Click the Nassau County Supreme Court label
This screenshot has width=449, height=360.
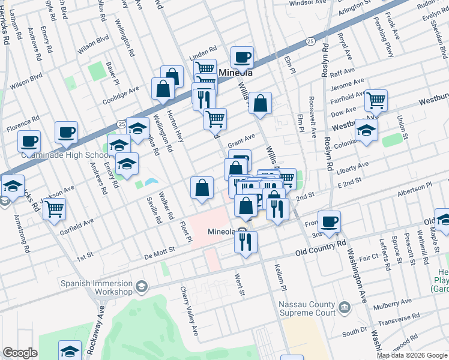[x=307, y=308]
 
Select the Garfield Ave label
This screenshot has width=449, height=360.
[x=77, y=226]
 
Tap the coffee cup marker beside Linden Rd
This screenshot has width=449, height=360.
[x=242, y=58]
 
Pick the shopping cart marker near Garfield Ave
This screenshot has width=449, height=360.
[x=54, y=209]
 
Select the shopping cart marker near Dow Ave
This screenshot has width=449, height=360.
[x=376, y=101]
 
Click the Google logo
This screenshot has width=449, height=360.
[x=20, y=353]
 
